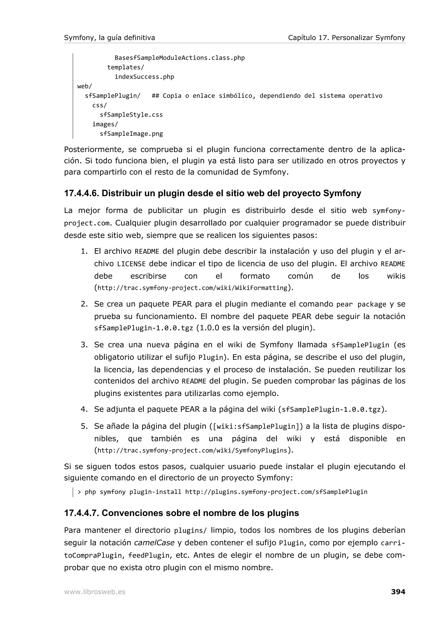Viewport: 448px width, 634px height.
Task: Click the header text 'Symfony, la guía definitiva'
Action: click(x=109, y=38)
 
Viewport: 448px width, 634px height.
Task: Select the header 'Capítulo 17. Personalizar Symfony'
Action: click(x=346, y=38)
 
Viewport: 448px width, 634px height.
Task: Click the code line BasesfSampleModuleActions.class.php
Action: click(x=179, y=58)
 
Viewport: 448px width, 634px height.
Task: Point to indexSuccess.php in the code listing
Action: click(x=144, y=77)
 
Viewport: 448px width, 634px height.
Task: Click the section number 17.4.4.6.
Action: click(x=81, y=193)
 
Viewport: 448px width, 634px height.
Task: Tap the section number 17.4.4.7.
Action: click(x=81, y=513)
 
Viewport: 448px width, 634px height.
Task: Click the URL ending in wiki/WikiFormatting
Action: click(x=192, y=288)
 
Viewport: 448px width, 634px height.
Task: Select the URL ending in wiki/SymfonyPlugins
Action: click(x=192, y=450)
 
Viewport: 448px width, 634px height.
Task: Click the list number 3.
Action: click(x=84, y=345)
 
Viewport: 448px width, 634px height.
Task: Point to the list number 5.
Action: click(x=84, y=426)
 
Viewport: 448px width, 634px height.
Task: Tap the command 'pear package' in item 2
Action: click(x=361, y=304)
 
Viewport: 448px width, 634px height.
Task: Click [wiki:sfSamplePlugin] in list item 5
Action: click(x=256, y=427)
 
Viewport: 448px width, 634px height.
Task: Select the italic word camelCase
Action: click(x=154, y=543)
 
